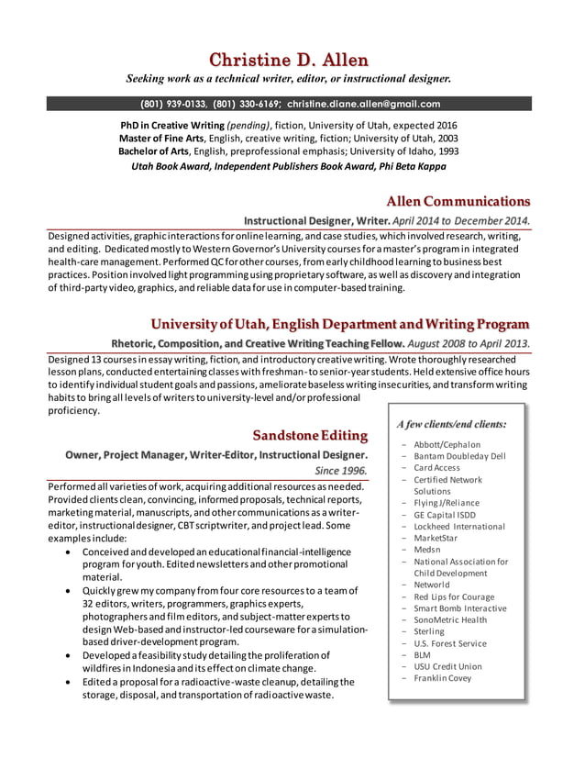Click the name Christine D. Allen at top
click(289, 61)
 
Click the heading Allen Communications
click(458, 201)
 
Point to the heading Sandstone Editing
click(310, 434)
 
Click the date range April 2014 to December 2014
click(460, 221)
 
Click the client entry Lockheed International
click(458, 527)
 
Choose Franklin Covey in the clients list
click(442, 678)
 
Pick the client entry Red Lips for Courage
click(453, 596)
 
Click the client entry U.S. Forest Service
click(449, 643)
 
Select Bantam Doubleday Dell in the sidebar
click(458, 455)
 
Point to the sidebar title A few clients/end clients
click(451, 424)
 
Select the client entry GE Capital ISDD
click(445, 515)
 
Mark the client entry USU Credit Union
click(447, 666)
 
